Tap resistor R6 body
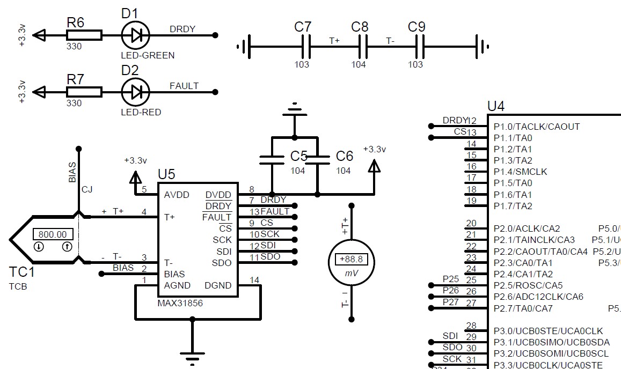pos(84,35)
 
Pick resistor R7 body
pos(84,92)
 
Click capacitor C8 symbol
pos(362,47)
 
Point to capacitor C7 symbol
pos(306,47)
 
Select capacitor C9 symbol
pos(419,47)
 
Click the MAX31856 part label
pos(180,304)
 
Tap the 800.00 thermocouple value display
pos(53,234)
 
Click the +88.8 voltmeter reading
pos(351,259)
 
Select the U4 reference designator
pos(495,106)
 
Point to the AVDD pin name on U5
pos(177,195)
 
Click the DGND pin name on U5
pos(218,285)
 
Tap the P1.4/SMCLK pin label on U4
pos(520,172)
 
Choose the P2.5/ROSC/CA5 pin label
pos(528,285)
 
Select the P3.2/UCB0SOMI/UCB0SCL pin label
pos(551,354)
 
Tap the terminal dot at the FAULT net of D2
pos(215,92)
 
